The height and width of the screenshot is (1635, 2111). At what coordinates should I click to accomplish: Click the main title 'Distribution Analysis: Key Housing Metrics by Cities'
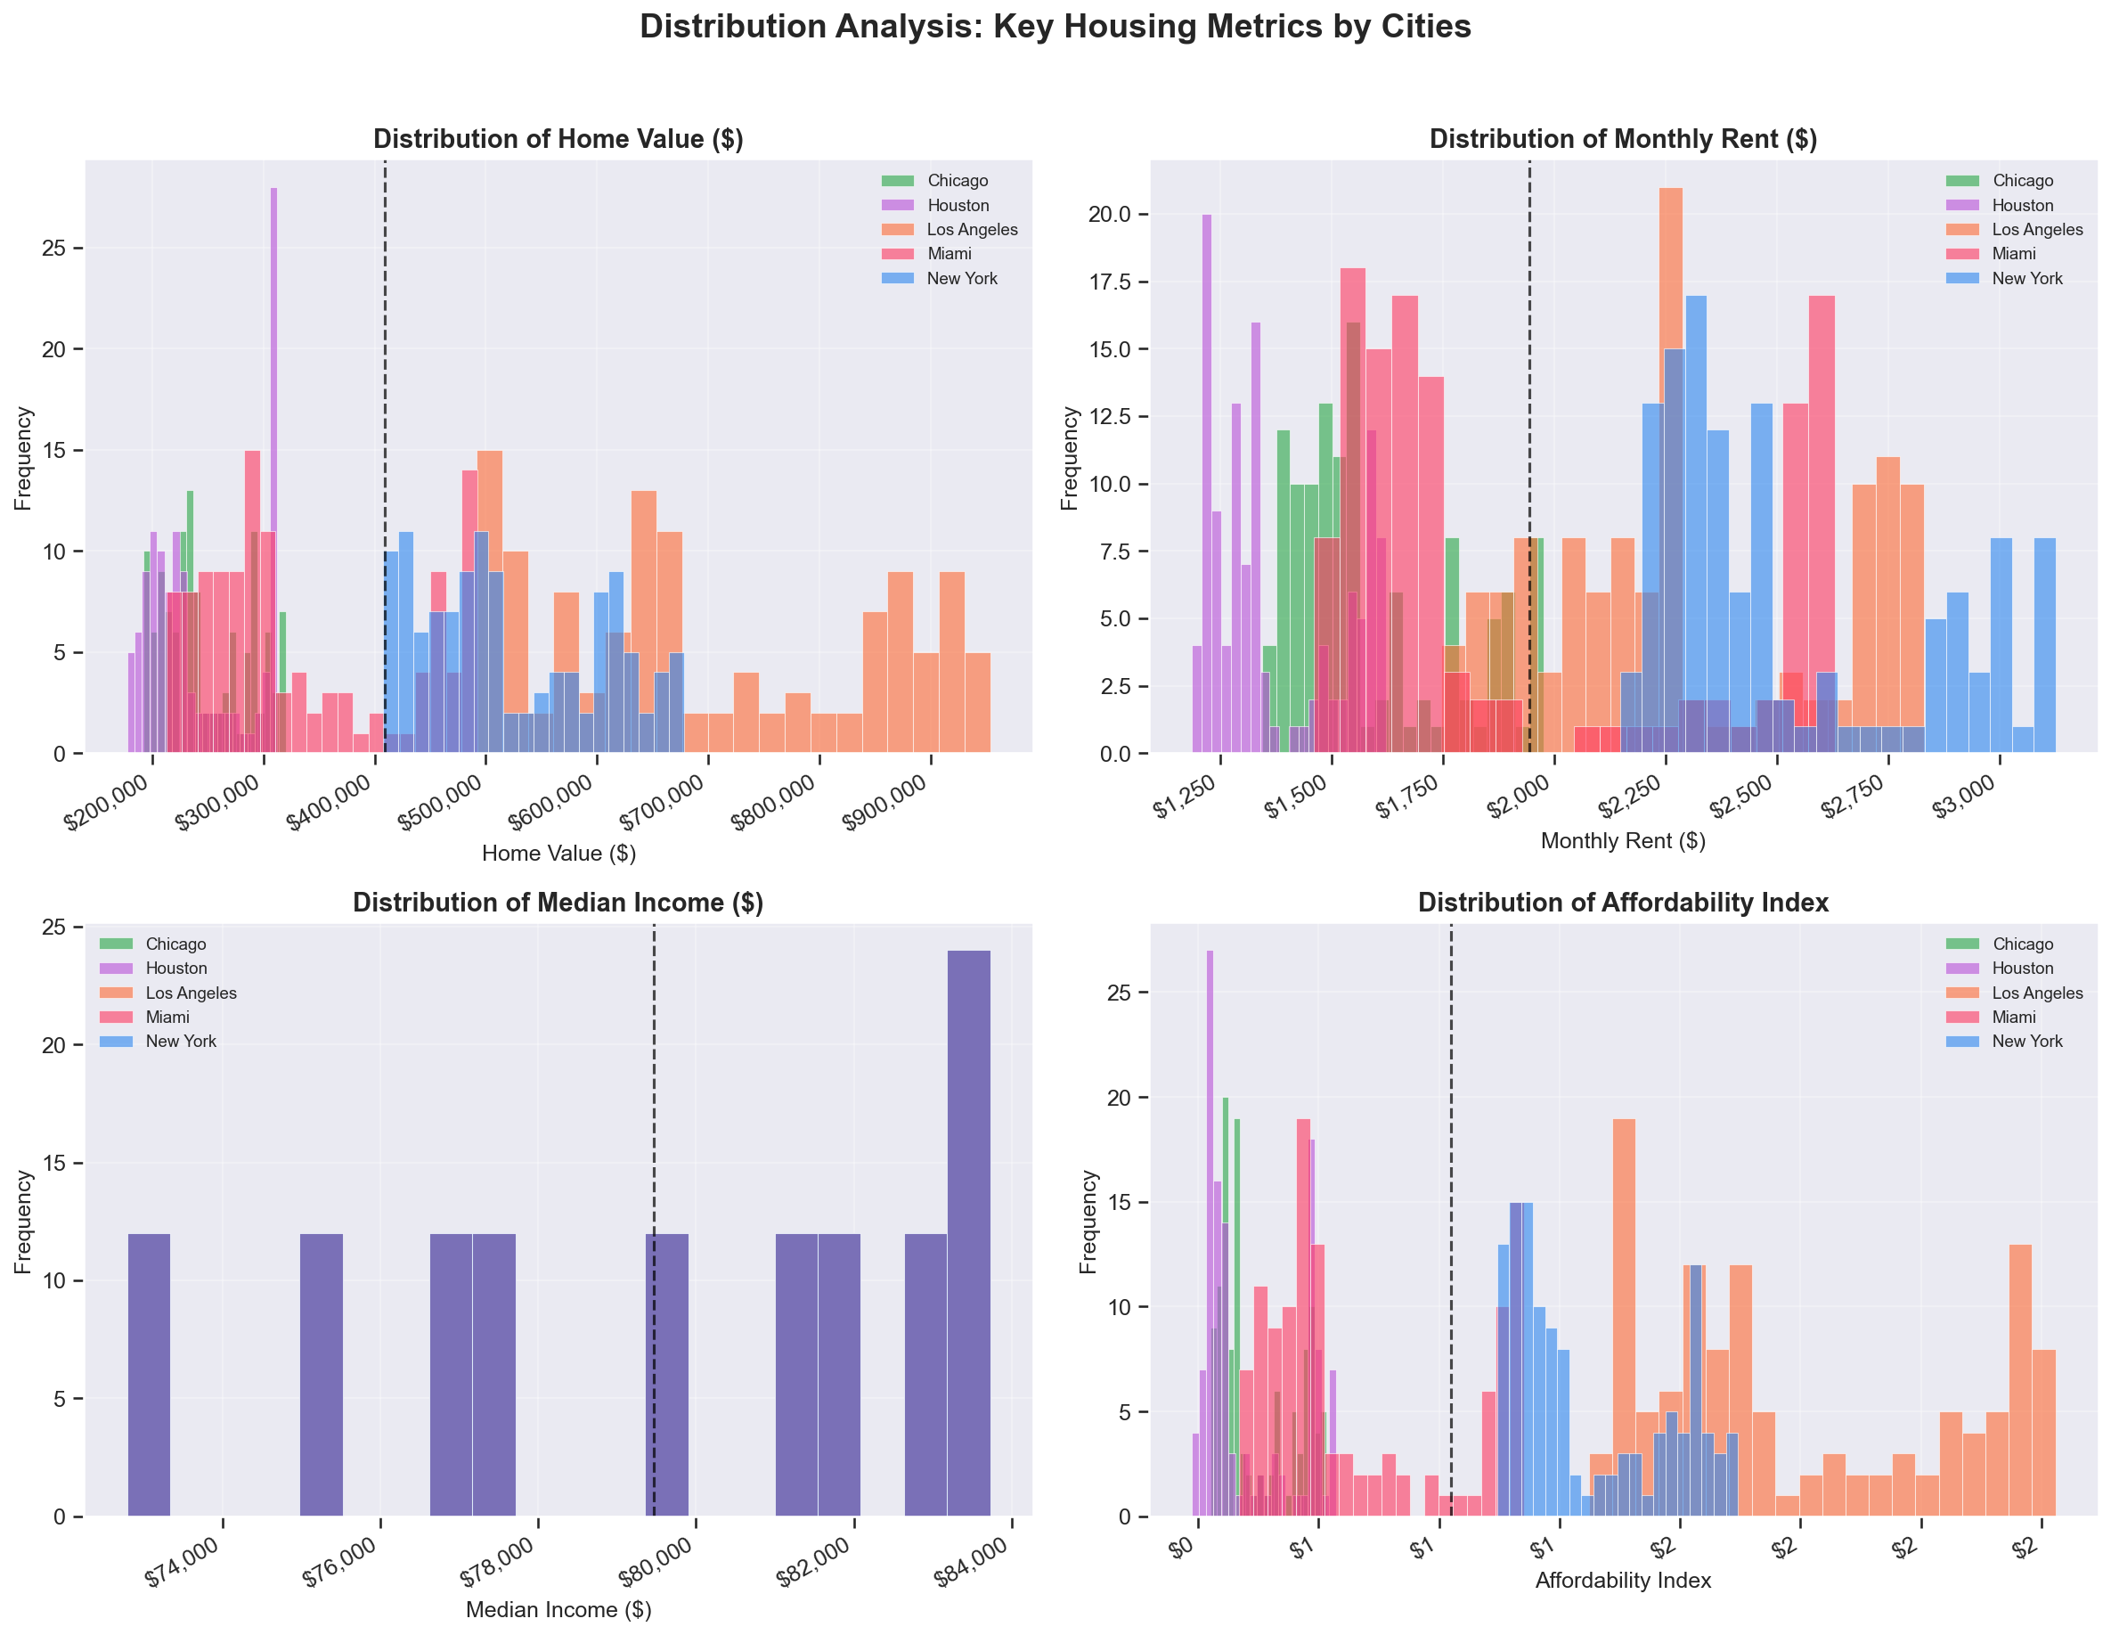(1055, 26)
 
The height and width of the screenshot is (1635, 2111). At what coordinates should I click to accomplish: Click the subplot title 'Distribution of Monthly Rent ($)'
(1623, 139)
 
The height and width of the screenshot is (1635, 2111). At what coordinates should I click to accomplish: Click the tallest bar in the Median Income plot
(968, 1233)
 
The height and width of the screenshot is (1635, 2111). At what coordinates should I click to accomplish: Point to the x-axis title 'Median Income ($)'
(558, 1610)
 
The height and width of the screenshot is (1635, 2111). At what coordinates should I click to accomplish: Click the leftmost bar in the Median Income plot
(149, 1374)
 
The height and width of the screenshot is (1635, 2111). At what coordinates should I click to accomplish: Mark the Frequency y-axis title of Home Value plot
(23, 457)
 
